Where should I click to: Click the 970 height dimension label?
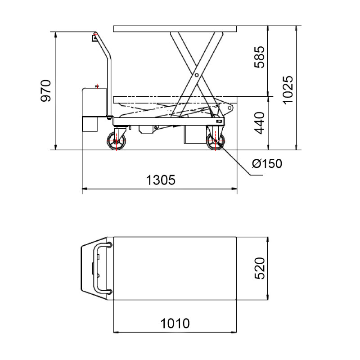(46, 91)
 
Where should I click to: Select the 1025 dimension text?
(288, 89)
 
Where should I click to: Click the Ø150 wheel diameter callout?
(267, 163)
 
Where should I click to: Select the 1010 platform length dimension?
(175, 323)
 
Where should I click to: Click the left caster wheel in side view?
(117, 142)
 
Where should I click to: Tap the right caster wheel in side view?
(215, 142)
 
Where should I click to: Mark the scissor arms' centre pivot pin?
(197, 75)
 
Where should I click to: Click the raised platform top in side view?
(175, 29)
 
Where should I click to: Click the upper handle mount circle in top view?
(109, 245)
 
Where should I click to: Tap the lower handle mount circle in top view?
(109, 291)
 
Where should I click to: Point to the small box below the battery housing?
(90, 124)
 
